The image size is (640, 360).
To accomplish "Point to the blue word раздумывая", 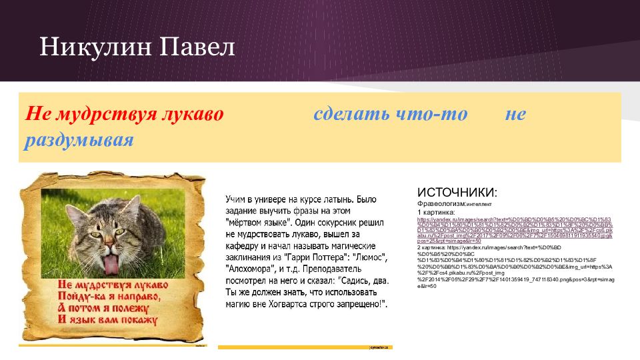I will (x=79, y=141).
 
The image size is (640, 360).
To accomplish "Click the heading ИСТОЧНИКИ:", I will (x=457, y=193).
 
